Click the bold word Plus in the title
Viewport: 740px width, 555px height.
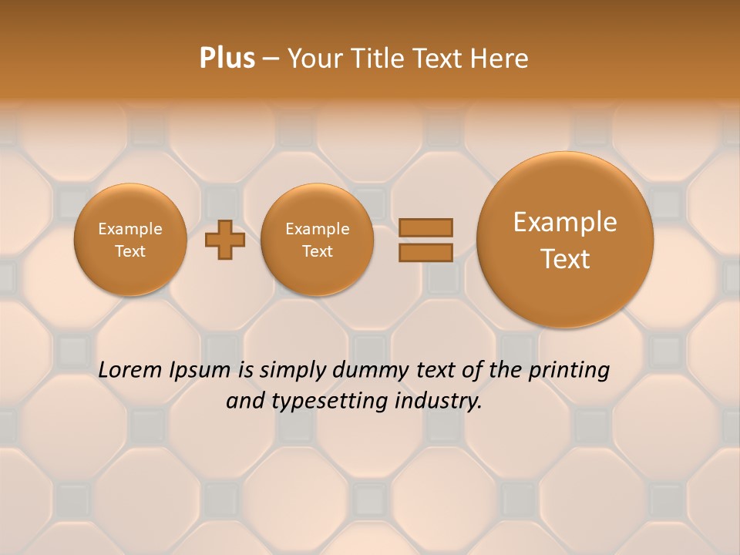(227, 59)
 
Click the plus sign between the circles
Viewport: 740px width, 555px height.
(225, 240)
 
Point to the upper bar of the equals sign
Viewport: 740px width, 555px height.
(425, 227)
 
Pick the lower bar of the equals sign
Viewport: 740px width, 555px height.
(425, 252)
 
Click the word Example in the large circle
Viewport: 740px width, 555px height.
(565, 222)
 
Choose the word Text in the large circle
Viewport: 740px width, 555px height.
(565, 259)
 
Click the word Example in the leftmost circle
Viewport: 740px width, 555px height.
(130, 229)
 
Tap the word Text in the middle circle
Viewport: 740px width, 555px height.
(317, 251)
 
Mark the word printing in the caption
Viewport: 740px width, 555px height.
(570, 371)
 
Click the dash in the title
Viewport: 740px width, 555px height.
(271, 59)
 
